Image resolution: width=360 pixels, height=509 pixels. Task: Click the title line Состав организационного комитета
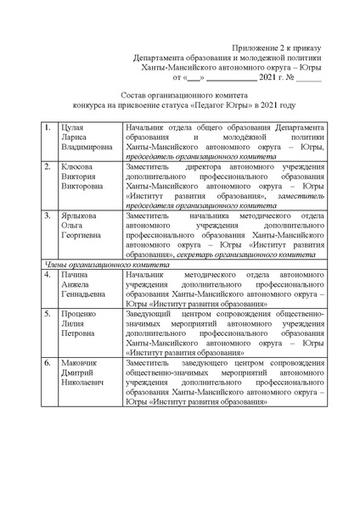coord(179,97)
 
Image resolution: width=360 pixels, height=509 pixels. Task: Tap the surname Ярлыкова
coord(79,216)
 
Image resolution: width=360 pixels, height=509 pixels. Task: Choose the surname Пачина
coord(75,275)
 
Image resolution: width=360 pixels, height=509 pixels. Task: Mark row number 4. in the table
coord(48,275)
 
